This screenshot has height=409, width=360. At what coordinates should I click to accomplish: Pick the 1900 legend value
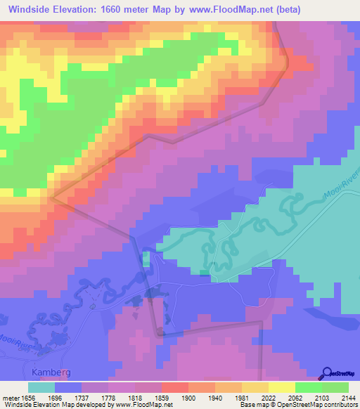pos(188,398)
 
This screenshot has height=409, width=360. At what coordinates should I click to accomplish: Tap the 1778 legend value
pos(112,398)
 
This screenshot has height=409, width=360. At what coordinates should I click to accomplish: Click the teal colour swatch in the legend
pos(41,387)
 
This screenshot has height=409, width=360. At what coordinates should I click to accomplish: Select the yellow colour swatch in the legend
pos(281,387)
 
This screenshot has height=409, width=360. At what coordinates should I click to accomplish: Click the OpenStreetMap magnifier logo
pos(326,373)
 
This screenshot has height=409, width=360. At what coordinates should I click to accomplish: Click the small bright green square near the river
pos(146,259)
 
